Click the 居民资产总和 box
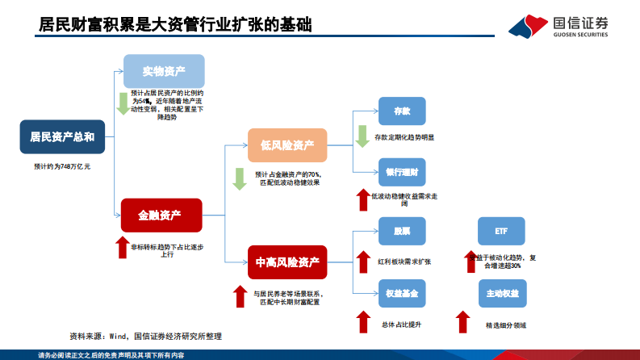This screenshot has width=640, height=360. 62,136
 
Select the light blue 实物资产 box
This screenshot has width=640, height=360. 164,71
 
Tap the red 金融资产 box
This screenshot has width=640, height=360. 160,215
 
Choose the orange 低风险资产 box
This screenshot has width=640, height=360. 287,145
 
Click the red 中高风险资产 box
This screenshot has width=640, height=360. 287,262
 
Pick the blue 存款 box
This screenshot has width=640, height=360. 401,111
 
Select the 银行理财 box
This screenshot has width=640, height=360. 401,172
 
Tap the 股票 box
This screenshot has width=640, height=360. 401,231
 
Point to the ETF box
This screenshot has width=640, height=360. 501,231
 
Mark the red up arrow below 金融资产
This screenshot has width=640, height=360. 122,247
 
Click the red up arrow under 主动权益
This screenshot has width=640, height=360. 463,321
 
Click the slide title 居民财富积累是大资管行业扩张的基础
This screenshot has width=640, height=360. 176,26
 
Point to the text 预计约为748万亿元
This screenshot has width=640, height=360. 62,165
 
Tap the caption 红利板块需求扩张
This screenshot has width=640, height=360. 404,262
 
